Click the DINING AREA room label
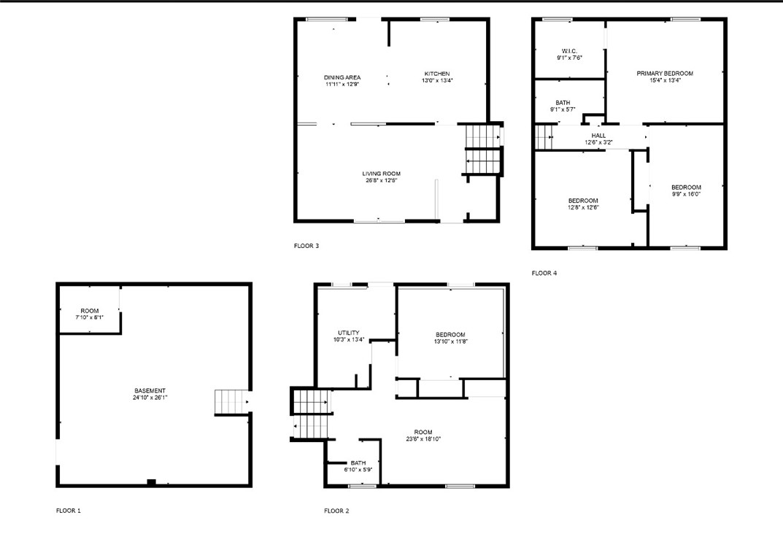[342, 77]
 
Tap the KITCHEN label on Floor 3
[437, 74]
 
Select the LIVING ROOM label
[381, 174]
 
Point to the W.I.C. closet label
[569, 50]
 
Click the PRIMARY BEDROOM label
[664, 74]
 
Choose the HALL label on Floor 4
[598, 135]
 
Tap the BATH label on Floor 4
[563, 103]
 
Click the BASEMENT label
[149, 390]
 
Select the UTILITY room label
[348, 333]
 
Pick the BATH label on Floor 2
[358, 463]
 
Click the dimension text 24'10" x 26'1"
[149, 398]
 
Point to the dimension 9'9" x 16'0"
[686, 195]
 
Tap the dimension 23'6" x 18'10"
[423, 438]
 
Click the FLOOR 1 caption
[69, 511]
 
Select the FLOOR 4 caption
[544, 273]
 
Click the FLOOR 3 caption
[306, 246]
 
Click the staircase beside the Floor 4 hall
[544, 136]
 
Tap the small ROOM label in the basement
[90, 311]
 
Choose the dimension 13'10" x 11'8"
[450, 342]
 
